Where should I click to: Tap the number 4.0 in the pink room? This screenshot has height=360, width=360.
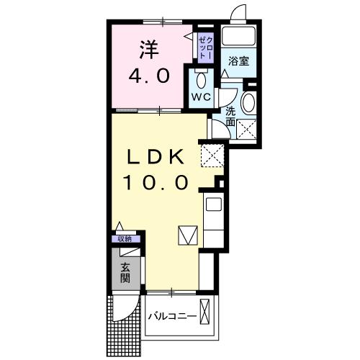[x=149, y=75]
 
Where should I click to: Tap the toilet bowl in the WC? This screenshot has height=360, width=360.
[x=201, y=77]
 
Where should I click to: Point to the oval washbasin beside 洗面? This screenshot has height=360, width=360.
[x=248, y=103]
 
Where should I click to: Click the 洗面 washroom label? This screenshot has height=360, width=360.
[x=230, y=117]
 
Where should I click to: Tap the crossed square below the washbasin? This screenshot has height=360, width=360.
[x=248, y=130]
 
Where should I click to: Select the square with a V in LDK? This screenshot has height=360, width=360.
[x=186, y=235]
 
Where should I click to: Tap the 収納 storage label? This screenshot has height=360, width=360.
[x=125, y=239]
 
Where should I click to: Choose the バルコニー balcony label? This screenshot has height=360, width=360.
[x=173, y=315]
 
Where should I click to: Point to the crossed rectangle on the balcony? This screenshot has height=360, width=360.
[x=206, y=315]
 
